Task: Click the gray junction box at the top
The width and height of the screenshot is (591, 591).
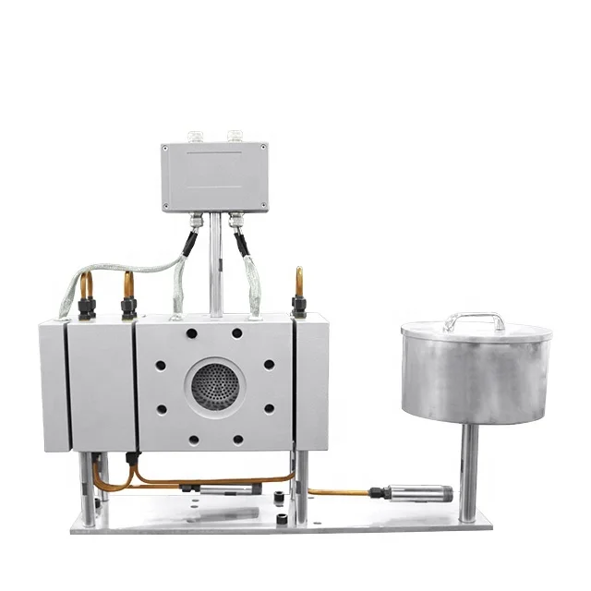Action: [x=214, y=176]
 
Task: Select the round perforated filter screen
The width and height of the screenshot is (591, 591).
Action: [x=214, y=386]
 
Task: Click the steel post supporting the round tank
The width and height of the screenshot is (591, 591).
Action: [x=469, y=471]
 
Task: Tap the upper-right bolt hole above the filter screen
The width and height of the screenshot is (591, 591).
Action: [x=237, y=333]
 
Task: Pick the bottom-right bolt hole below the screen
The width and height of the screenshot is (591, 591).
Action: [x=237, y=440]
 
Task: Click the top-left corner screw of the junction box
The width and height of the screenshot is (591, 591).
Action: [x=167, y=148]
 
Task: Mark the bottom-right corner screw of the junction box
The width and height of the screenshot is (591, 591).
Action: [x=262, y=207]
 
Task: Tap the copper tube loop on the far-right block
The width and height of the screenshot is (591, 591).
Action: [x=298, y=281]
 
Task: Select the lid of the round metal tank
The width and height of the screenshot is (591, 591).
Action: [x=476, y=330]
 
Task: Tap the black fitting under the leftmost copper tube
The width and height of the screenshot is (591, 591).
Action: [x=86, y=308]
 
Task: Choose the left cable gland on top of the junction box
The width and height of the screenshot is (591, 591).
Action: [x=195, y=137]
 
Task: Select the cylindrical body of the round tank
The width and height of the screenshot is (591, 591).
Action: [x=475, y=379]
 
